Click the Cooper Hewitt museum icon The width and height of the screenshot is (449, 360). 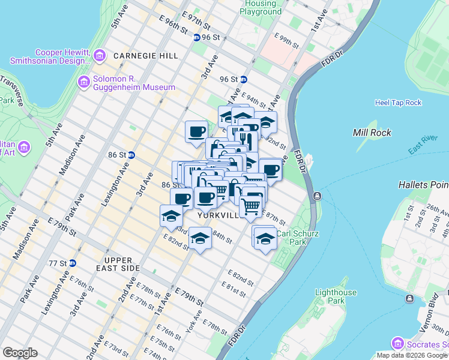point(100,56)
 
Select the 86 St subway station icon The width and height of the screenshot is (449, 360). point(131,155)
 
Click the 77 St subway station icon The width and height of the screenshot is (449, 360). point(73,263)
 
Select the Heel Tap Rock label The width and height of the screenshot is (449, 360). point(398,103)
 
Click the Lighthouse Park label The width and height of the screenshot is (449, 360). point(336,296)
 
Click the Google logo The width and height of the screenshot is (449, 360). point(20,353)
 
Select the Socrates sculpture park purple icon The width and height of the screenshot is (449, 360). point(397,344)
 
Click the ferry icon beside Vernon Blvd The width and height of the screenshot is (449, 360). point(411,298)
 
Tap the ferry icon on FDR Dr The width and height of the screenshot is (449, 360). point(316,196)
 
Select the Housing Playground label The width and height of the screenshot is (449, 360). point(261,8)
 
